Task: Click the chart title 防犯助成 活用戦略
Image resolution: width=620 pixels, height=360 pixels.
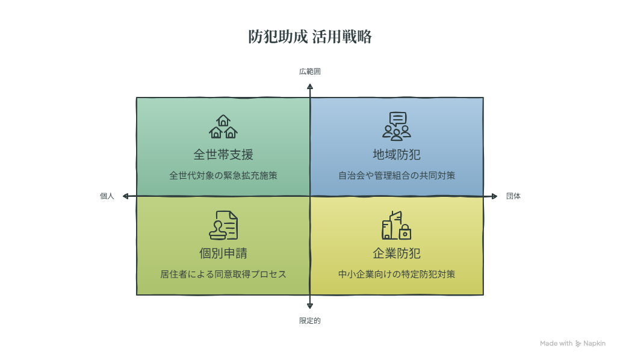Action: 310,37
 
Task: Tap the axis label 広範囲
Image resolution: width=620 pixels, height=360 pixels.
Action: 309,72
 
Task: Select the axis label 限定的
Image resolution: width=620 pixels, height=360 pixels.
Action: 309,321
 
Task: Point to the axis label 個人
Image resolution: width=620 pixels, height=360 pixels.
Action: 107,196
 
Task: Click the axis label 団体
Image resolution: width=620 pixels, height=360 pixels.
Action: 513,196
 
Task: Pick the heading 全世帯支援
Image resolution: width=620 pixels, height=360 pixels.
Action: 223,155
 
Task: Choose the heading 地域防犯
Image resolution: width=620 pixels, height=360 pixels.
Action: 397,155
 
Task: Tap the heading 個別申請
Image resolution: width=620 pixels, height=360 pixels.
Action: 223,253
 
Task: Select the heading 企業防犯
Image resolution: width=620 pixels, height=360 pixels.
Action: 397,253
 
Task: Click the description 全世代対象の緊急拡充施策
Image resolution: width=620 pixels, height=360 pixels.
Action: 223,176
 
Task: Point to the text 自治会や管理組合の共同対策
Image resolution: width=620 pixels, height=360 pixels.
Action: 397,176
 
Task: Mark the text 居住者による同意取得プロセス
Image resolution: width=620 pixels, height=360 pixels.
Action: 223,274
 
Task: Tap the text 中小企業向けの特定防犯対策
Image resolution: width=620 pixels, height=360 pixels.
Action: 397,274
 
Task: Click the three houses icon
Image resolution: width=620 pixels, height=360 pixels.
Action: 223,126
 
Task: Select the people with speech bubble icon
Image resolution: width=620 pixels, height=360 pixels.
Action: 397,126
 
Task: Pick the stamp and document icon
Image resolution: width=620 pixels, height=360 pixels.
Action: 223,225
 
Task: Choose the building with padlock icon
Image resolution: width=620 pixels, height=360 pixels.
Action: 397,225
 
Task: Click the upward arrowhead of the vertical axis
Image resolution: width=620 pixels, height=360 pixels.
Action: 310,86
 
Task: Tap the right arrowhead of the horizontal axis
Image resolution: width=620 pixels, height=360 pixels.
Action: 494,196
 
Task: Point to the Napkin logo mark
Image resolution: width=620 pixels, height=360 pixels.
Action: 578,344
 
